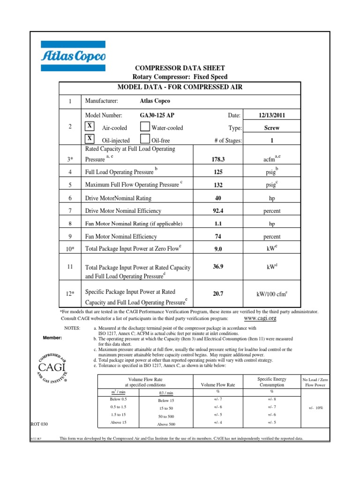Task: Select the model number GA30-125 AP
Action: pyautogui.click(x=159, y=115)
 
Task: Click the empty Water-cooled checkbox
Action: pyautogui.click(x=145, y=127)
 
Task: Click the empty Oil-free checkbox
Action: pyautogui.click(x=145, y=139)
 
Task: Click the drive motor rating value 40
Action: pyautogui.click(x=217, y=198)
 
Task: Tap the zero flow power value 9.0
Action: pyautogui.click(x=218, y=250)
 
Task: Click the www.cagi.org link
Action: pyautogui.click(x=261, y=318)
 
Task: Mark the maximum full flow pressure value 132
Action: pyautogui.click(x=218, y=185)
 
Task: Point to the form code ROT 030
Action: pyautogui.click(x=39, y=424)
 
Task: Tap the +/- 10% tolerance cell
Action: pyautogui.click(x=315, y=408)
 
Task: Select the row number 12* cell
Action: pyautogui.click(x=70, y=293)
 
